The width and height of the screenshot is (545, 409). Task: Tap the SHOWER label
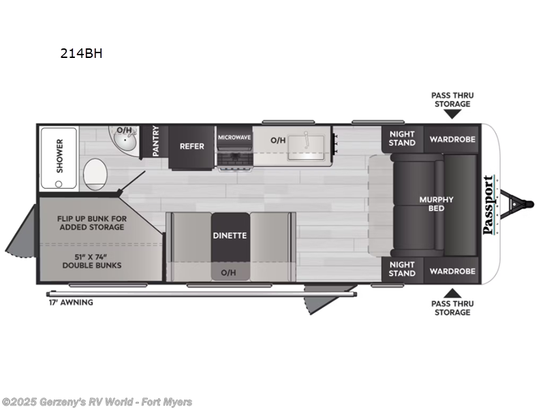tap(59, 155)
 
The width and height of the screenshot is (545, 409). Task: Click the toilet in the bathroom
tap(95, 175)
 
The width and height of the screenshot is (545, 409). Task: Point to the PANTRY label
tap(156, 141)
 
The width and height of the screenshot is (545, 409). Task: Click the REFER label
tap(191, 146)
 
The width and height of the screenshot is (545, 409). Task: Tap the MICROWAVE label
tap(235, 137)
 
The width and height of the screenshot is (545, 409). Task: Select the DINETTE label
tap(230, 235)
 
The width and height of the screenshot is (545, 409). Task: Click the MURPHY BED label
tap(436, 203)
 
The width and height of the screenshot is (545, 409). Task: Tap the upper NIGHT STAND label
tap(402, 138)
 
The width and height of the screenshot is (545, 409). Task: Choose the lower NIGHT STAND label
tap(402, 269)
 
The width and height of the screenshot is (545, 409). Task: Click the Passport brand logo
tap(488, 204)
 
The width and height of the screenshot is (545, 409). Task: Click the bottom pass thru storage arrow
tap(452, 293)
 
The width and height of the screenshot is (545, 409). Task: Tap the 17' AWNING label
tap(71, 302)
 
